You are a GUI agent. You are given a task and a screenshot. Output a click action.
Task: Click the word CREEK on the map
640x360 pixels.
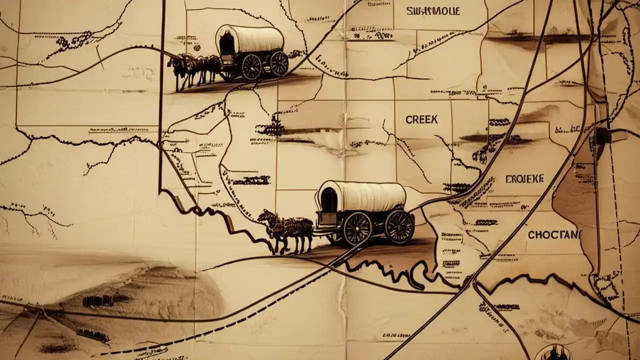pos(421,119)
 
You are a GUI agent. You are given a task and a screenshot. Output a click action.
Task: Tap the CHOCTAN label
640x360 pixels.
pos(554,234)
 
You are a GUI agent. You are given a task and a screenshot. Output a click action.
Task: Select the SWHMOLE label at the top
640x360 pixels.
pos(433,11)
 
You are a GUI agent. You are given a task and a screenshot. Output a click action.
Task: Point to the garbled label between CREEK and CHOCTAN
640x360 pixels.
pos(524,179)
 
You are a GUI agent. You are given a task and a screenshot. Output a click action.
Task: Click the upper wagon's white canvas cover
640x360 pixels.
pos(256,38)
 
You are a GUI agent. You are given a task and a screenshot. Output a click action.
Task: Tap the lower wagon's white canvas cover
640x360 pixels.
pos(367,196)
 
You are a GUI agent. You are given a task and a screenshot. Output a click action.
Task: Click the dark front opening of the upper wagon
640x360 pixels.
pos(226,42)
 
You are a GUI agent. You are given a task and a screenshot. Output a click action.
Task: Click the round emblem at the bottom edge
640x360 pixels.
pos(553,353)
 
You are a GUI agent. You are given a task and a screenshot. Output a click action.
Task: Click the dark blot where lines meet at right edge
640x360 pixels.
pos(602,135)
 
